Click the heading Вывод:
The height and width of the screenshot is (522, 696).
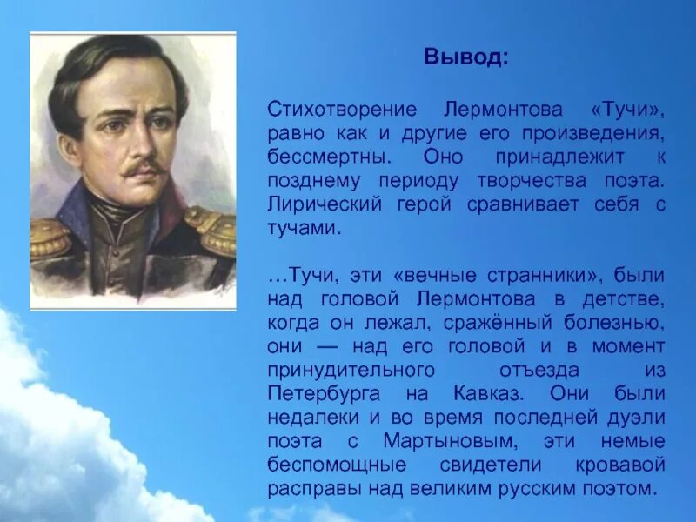pos(462,57)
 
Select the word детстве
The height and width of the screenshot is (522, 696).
pos(628,299)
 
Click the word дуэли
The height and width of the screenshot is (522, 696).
pos(640,418)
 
